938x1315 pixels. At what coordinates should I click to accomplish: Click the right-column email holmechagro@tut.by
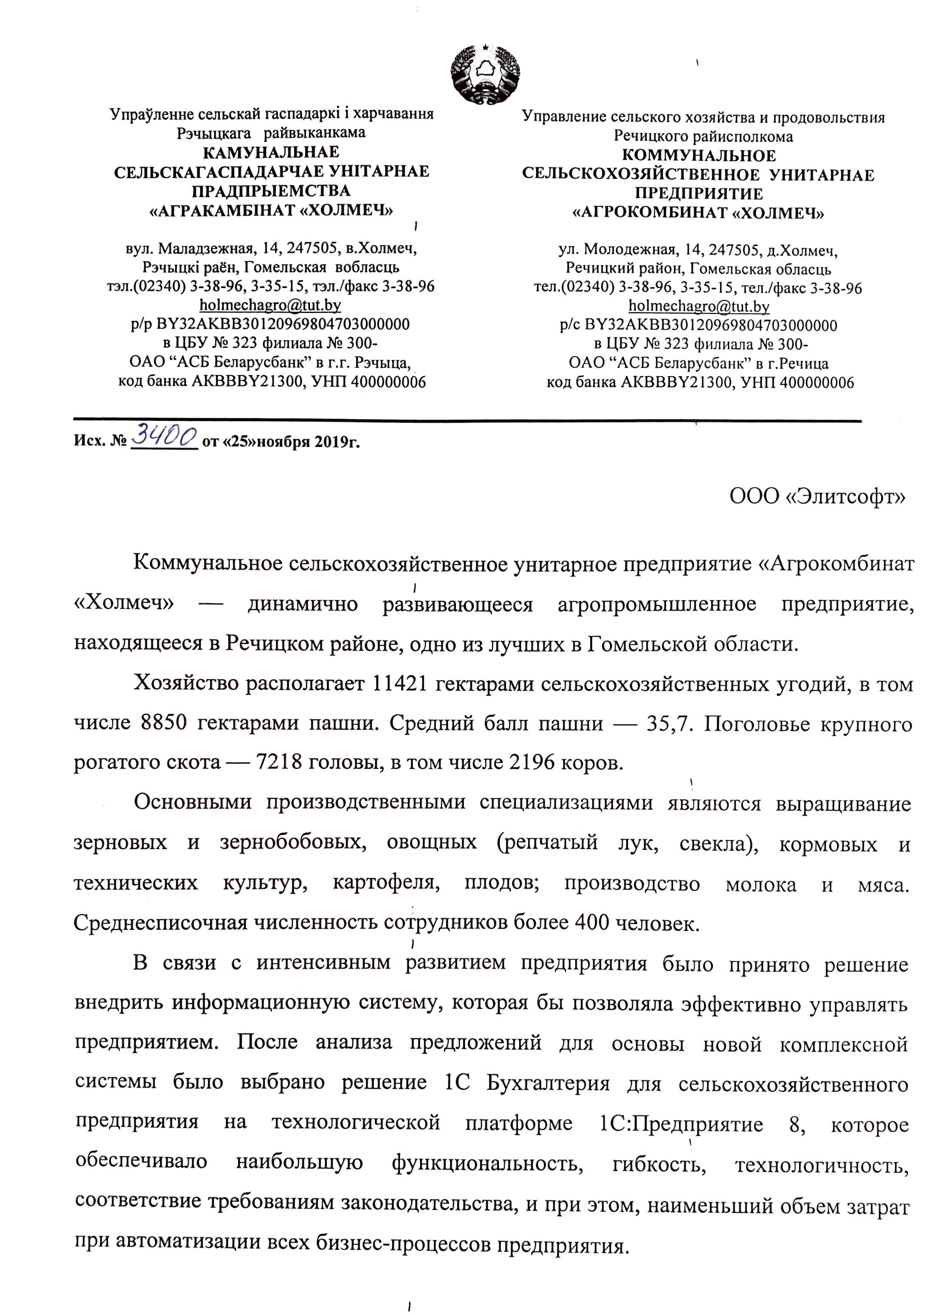(699, 306)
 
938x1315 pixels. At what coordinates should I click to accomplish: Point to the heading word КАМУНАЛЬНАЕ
(271, 152)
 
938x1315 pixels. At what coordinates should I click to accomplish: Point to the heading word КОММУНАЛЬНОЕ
(699, 156)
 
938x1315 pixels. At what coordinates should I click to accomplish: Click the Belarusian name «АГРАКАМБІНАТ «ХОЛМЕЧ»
(271, 210)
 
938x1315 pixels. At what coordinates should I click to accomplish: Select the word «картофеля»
(386, 883)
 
